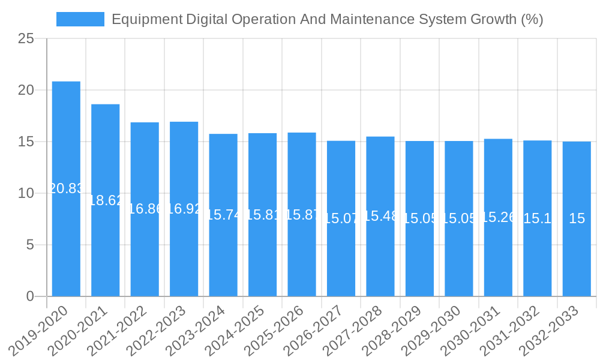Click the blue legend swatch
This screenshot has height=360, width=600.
tap(80, 19)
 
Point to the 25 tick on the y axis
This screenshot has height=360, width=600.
tap(26, 39)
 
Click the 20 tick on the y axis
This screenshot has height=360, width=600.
tap(26, 91)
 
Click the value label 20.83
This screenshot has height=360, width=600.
tap(66, 188)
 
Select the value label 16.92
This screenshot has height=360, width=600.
tap(184, 209)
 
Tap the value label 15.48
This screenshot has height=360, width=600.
tap(380, 216)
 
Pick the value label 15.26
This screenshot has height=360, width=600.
tap(498, 217)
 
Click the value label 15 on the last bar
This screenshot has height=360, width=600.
tap(577, 218)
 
